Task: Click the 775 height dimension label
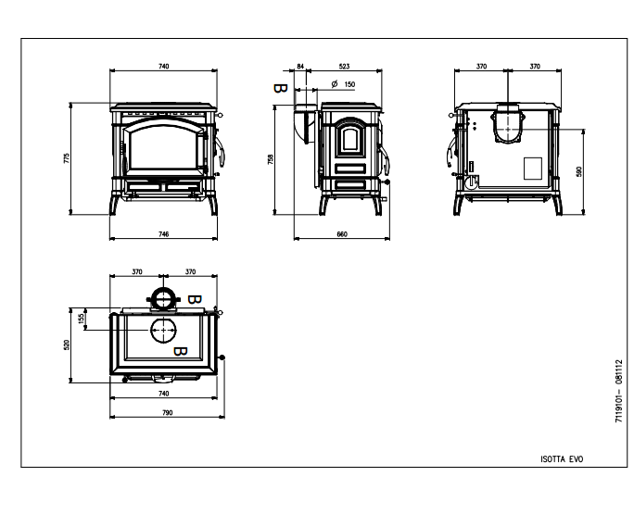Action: [67, 158]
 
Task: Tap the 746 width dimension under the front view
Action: [163, 234]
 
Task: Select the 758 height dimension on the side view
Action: [271, 159]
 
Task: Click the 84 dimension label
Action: [300, 67]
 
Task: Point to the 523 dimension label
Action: [344, 67]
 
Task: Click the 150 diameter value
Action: [349, 84]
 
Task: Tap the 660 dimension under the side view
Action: [342, 234]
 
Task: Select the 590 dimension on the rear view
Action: [579, 171]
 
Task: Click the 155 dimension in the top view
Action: [81, 319]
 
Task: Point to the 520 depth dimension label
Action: [67, 345]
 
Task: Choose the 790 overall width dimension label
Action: [167, 412]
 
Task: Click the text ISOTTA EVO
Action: [562, 459]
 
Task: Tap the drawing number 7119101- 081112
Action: [618, 391]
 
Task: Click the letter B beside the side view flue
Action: [280, 88]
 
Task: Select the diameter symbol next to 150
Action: [335, 84]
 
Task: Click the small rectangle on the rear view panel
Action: [533, 169]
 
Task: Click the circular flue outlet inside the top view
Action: [163, 330]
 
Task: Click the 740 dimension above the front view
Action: [163, 67]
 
